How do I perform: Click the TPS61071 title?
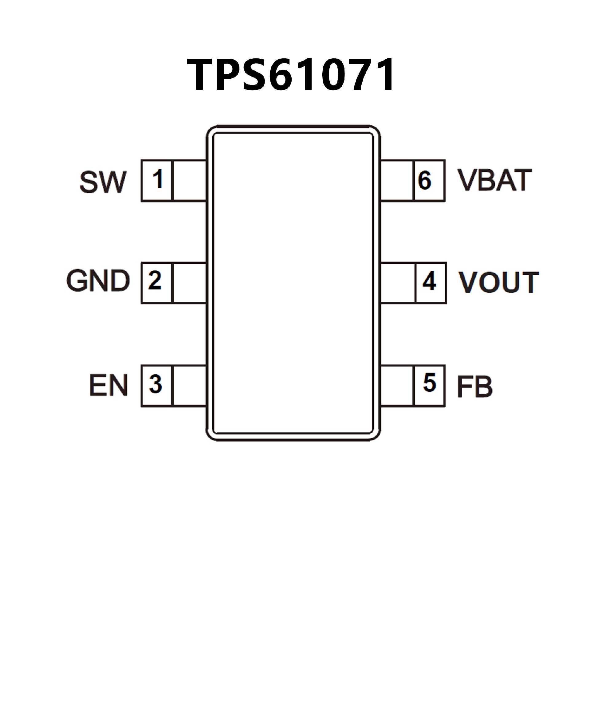tap(291, 74)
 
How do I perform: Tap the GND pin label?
tap(98, 280)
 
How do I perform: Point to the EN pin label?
tap(108, 386)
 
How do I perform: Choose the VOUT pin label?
tap(498, 282)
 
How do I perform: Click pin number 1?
tap(157, 180)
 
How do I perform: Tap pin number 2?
tap(155, 280)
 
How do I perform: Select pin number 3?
tap(155, 384)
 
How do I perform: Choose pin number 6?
tap(425, 180)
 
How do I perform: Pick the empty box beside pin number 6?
tap(397, 180)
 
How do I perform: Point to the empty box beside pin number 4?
tap(398, 283)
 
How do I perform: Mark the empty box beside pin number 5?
tap(397, 386)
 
